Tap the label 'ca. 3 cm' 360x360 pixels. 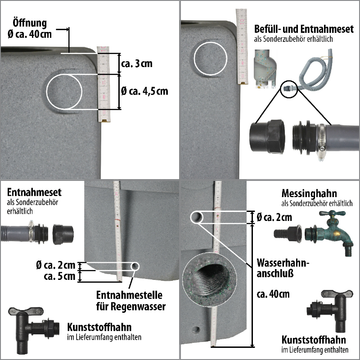pos(137,63)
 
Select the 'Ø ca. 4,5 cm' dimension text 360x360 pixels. pos(144,91)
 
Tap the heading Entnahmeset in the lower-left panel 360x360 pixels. pos(34,193)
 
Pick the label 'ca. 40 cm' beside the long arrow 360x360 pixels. pos(273,294)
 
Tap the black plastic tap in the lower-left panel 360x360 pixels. pos(30,326)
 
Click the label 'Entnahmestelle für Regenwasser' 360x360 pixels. pos(130,301)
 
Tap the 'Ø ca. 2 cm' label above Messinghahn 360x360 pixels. pos(274,218)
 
